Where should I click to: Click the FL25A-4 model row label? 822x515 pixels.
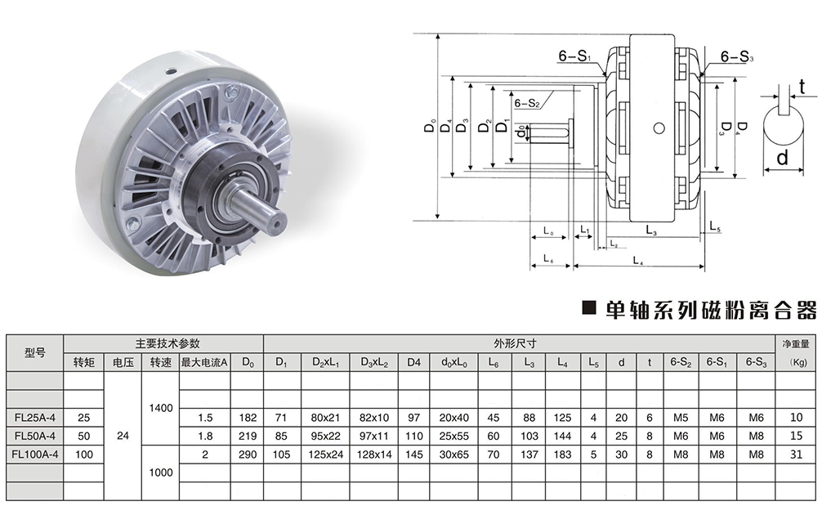[34, 418]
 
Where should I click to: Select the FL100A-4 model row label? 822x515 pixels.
[34, 455]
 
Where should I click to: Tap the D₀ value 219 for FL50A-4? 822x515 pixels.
[248, 436]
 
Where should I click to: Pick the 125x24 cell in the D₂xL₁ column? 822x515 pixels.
[325, 455]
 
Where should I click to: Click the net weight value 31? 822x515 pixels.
[796, 455]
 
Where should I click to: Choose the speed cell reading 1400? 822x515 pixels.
[160, 408]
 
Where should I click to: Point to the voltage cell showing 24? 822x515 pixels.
[123, 436]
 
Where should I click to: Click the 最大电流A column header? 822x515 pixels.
[204, 362]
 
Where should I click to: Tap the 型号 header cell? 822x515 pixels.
[34, 352]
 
